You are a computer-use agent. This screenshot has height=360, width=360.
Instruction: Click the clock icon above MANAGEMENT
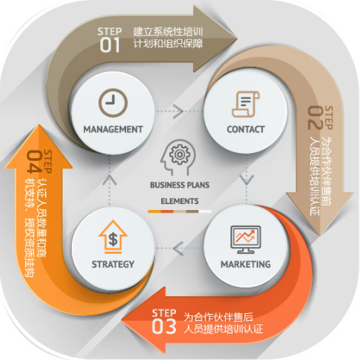pos(113,103)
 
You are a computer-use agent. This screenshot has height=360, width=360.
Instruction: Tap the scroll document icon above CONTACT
pos(246,104)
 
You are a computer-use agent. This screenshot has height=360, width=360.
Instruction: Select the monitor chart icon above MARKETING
pos(246,239)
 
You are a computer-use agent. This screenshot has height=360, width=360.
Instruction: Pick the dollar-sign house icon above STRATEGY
pos(113,237)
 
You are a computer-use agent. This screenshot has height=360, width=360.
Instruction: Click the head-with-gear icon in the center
pos(179,157)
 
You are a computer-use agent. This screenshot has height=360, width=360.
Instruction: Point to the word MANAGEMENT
pos(113,129)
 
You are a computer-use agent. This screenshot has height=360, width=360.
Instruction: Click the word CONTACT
pos(246,129)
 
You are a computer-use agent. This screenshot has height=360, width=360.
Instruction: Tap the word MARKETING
pos(246,264)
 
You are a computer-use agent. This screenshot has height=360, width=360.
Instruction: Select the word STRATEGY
pos(113,264)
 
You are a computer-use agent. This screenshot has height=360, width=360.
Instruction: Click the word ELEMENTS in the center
pos(180,201)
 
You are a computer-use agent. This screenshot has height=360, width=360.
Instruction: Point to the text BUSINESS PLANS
pos(180,185)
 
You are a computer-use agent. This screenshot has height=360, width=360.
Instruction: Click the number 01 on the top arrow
pos(110,45)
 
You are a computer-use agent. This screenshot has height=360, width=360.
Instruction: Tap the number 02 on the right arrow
pos(315,118)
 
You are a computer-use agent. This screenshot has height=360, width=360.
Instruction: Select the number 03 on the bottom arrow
pos(164,327)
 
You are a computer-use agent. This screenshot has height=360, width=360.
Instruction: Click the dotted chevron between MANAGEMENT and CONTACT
pos(178,111)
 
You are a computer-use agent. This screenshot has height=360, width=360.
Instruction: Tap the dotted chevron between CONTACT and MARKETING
pos(246,180)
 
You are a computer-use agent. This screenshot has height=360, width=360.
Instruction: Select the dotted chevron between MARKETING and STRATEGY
pos(178,249)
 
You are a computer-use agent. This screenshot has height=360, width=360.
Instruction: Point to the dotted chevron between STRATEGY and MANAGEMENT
pos(109,180)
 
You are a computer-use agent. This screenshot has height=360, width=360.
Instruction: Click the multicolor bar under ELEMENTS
pos(180,212)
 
